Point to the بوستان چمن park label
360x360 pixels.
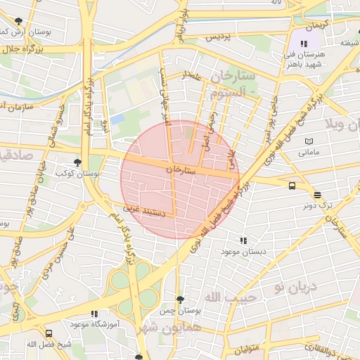point(181,310)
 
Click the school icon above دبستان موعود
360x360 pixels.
point(243,240)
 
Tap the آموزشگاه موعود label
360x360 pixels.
point(93,325)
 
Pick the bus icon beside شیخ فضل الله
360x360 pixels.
point(49,333)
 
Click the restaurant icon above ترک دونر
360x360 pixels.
point(318,195)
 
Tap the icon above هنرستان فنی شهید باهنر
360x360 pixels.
point(303,44)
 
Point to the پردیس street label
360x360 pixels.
point(218,37)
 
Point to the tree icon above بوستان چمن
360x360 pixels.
point(181,300)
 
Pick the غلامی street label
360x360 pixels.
point(231,158)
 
